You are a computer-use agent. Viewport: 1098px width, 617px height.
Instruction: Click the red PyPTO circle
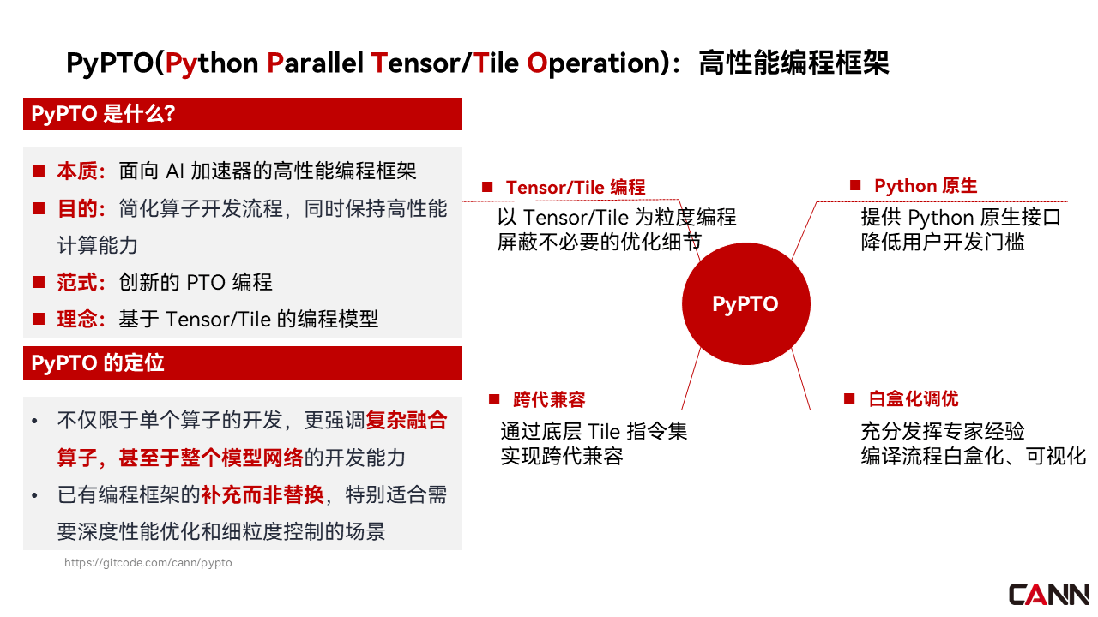tap(745, 303)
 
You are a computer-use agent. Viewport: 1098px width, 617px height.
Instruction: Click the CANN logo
tap(1048, 595)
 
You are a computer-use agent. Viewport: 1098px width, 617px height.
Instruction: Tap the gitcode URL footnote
tap(148, 563)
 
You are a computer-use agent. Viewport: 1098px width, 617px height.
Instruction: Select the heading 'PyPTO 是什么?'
tap(103, 114)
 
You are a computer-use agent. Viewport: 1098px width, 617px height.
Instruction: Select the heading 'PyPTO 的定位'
tap(98, 362)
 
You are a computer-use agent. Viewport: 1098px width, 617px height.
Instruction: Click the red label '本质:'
tap(81, 171)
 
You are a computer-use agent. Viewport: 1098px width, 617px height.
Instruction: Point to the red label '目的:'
tap(81, 208)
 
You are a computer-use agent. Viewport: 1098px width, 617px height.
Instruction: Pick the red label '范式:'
tap(81, 283)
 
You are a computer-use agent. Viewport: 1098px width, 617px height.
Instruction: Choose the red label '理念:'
tap(81, 320)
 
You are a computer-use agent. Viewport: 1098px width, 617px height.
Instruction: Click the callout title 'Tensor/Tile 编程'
tap(576, 188)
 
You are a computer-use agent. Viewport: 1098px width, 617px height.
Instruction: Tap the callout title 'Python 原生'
tap(926, 186)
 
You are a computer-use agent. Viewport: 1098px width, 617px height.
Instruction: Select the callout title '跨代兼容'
tap(549, 399)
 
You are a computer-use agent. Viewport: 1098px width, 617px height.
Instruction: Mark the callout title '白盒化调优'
tap(914, 398)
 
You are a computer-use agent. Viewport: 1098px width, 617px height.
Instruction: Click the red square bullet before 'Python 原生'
tap(855, 185)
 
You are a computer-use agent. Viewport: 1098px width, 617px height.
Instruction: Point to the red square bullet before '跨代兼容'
tap(494, 399)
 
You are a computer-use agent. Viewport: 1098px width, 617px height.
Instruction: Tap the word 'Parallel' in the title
tap(315, 63)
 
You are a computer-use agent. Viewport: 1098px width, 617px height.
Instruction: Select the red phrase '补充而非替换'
tap(262, 494)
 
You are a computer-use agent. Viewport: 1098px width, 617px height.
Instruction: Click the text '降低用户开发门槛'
tap(943, 242)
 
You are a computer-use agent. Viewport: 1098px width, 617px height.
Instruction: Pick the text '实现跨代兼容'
tap(562, 457)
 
